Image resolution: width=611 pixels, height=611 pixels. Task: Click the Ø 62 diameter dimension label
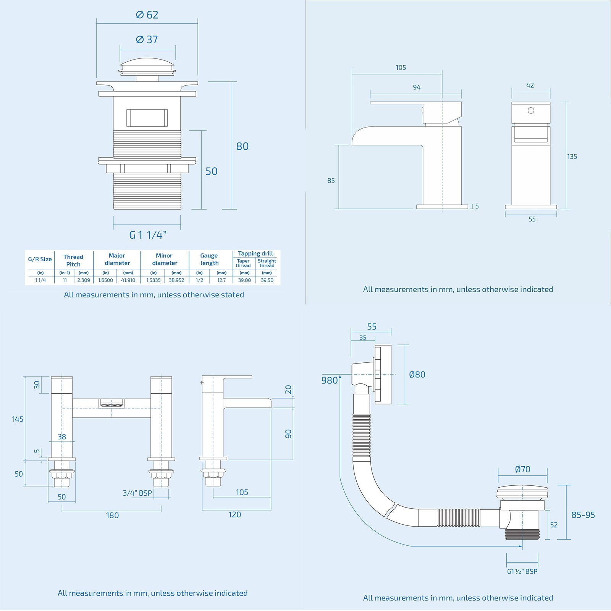point(147,15)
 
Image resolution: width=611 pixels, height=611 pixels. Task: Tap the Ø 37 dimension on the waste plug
point(147,40)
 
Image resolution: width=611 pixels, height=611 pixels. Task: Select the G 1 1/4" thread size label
point(148,235)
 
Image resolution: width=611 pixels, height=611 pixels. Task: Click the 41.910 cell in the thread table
point(128,280)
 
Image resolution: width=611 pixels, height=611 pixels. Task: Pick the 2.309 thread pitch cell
point(83,280)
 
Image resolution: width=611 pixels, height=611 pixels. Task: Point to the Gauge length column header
point(209,259)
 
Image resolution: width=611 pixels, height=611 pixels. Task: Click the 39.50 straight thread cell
point(267,280)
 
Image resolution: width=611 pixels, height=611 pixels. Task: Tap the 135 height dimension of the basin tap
point(572,157)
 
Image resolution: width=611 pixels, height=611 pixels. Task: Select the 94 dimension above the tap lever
point(417,87)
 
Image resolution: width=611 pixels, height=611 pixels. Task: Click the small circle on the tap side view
point(531,111)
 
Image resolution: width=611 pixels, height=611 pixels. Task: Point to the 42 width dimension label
point(530,86)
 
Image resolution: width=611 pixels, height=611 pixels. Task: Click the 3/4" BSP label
point(137,493)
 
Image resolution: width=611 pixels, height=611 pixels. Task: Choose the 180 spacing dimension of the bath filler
point(112,516)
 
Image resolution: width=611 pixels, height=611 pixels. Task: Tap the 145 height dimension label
point(18,419)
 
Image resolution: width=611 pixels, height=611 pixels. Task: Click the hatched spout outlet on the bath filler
point(112,403)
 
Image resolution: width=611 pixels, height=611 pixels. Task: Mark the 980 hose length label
point(330,380)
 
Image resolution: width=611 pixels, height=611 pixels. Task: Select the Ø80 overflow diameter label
point(417,375)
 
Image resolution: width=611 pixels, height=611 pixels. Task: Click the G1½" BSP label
point(522,571)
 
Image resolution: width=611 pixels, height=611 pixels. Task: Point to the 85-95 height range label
point(583,515)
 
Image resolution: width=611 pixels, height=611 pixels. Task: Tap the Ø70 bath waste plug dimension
point(522,469)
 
